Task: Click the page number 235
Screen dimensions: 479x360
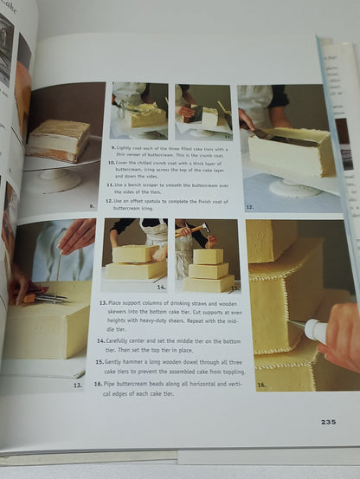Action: [328, 422]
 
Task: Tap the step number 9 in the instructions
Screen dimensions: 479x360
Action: [113, 148]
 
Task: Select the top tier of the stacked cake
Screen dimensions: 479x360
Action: [208, 256]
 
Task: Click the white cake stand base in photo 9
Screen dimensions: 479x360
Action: [55, 179]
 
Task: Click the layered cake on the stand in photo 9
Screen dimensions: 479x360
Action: [58, 140]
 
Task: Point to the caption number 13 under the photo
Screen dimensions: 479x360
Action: [77, 385]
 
